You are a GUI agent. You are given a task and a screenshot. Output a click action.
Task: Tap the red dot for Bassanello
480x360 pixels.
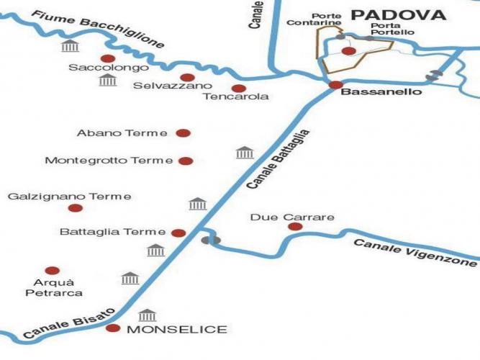click(x=335, y=85)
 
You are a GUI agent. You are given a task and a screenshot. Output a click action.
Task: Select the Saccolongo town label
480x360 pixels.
click(x=109, y=68)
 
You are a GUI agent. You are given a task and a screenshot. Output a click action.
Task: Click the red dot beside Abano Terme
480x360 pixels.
click(x=183, y=132)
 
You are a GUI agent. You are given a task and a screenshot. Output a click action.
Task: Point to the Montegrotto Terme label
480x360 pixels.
click(x=109, y=161)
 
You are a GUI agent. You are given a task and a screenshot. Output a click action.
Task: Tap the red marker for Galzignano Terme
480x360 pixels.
click(x=75, y=208)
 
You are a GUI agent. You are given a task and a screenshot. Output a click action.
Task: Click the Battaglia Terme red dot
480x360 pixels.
click(x=178, y=233)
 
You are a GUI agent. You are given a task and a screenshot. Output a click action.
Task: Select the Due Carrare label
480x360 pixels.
click(x=282, y=217)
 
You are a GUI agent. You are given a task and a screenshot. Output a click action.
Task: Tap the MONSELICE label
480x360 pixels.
click(x=176, y=330)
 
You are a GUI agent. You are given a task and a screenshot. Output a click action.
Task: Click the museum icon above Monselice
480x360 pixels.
click(x=148, y=315)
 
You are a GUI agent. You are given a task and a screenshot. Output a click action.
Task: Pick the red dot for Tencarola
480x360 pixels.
click(x=234, y=88)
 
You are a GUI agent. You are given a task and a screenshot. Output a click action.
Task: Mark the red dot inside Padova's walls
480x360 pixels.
click(x=348, y=51)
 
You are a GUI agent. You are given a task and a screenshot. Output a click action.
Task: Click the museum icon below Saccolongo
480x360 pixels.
click(x=108, y=79)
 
